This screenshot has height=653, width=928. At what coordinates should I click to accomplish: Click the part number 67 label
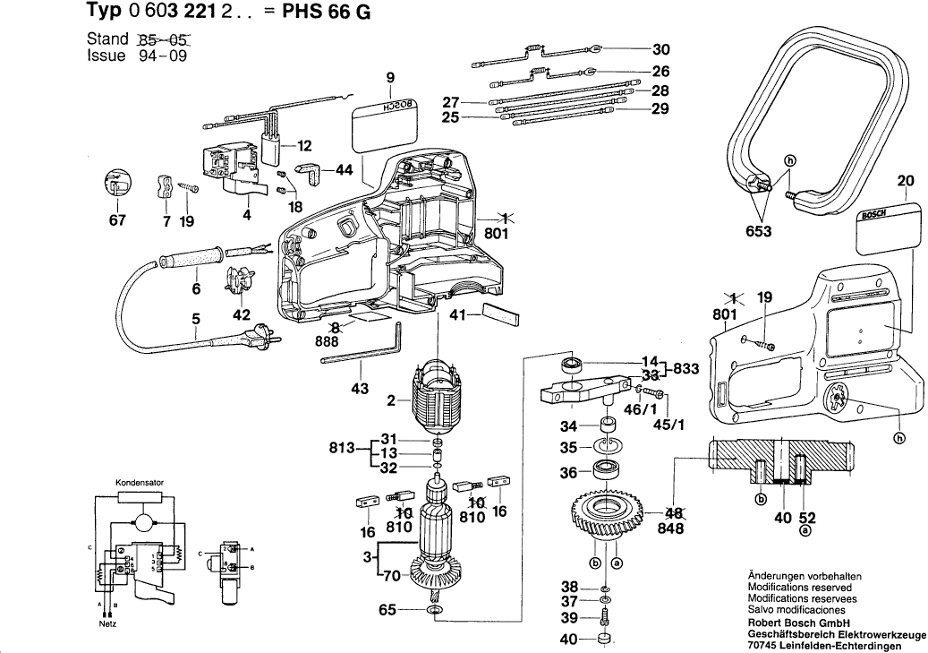pyautogui.click(x=118, y=222)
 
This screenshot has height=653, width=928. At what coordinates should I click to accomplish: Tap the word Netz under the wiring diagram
pyautogui.click(x=107, y=623)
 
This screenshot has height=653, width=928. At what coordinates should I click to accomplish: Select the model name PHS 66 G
pyautogui.click(x=330, y=13)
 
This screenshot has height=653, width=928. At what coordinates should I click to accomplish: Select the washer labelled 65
pyautogui.click(x=438, y=611)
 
